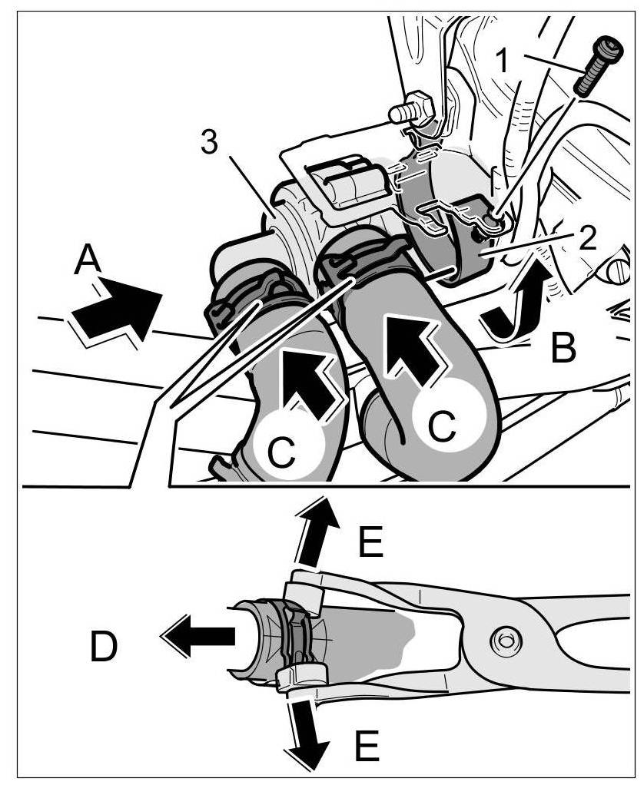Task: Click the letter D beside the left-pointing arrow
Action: [104, 648]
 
